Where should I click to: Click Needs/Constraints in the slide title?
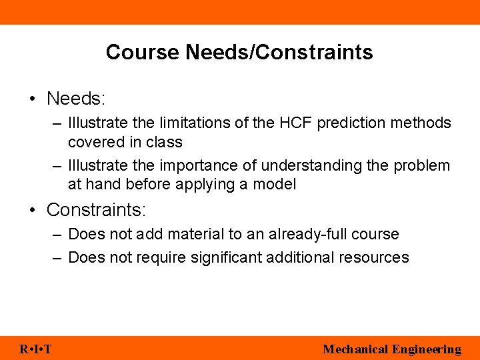(279, 52)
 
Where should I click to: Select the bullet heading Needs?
(76, 99)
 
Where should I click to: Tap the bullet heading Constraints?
(96, 210)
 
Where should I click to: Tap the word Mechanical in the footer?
(355, 349)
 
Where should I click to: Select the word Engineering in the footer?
(427, 349)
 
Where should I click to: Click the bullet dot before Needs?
(32, 99)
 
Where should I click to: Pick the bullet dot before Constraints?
(32, 211)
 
